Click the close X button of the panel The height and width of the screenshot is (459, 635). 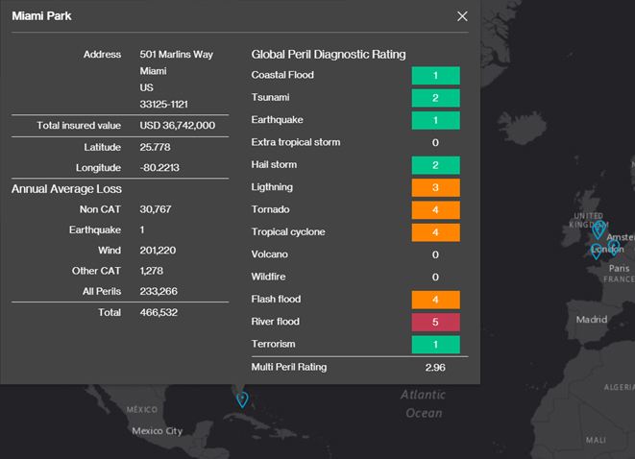click(462, 16)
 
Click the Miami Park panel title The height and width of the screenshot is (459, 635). click(41, 16)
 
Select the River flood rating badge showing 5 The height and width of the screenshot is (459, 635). click(435, 322)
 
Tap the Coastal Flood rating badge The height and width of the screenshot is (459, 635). click(435, 75)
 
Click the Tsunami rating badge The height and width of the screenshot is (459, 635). click(435, 98)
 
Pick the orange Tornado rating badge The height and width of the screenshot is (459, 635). click(435, 209)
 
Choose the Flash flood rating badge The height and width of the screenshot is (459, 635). click(435, 300)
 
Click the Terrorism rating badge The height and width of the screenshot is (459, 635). click(435, 344)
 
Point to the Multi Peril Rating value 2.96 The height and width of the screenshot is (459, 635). click(435, 367)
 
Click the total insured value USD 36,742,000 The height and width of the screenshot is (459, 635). click(177, 126)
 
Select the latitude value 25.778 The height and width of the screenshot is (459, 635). click(156, 148)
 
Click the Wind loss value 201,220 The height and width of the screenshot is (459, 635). click(158, 251)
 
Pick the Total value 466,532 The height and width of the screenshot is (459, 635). click(158, 312)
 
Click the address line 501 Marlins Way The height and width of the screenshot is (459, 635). click(176, 55)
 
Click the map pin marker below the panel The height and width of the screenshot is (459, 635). click(242, 399)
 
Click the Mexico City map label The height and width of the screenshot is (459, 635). click(156, 431)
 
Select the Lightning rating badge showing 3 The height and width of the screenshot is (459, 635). click(435, 187)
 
